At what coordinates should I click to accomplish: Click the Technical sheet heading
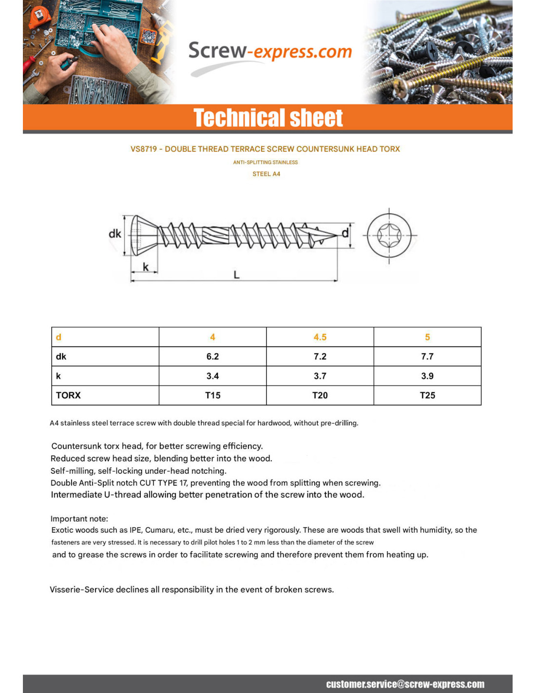(x=268, y=118)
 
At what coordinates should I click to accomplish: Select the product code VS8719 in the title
(x=143, y=149)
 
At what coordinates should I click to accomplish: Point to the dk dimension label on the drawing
(x=115, y=234)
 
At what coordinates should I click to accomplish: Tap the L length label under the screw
(x=236, y=275)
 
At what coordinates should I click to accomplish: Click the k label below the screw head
(x=145, y=267)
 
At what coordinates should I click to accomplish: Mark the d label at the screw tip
(x=345, y=233)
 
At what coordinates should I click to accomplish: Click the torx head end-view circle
(x=389, y=236)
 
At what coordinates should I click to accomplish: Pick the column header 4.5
(x=320, y=337)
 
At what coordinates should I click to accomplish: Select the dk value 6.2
(x=212, y=357)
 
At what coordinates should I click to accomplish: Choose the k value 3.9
(x=427, y=376)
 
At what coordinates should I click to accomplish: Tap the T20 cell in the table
(x=320, y=395)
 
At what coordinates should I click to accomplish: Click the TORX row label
(x=68, y=395)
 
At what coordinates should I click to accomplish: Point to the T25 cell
(x=427, y=395)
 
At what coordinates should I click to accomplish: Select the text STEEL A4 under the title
(x=266, y=174)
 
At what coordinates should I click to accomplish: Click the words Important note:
(x=79, y=519)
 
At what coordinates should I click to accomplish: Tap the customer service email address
(x=405, y=684)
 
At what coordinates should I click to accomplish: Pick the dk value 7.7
(x=427, y=357)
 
